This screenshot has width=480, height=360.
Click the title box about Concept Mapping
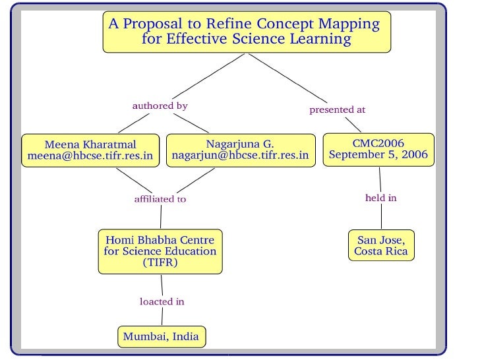tap(247, 32)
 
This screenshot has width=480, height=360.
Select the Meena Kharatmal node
tap(90, 150)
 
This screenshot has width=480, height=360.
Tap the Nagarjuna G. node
tap(240, 150)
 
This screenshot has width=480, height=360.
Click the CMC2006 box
tap(378, 150)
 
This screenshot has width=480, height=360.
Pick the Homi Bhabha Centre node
tap(160, 251)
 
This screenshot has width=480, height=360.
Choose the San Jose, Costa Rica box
tap(380, 245)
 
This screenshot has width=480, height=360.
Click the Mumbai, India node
tap(161, 336)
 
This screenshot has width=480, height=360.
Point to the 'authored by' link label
tap(160, 105)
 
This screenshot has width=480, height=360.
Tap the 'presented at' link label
tap(337, 109)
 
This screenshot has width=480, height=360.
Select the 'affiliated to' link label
tap(160, 198)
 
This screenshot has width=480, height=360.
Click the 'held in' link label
tap(380, 198)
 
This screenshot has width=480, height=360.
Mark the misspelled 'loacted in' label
tap(162, 301)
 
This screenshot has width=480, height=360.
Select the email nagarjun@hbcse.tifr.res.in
tap(240, 156)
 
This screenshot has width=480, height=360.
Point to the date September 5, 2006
tap(378, 156)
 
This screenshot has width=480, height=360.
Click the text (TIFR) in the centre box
tap(160, 262)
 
